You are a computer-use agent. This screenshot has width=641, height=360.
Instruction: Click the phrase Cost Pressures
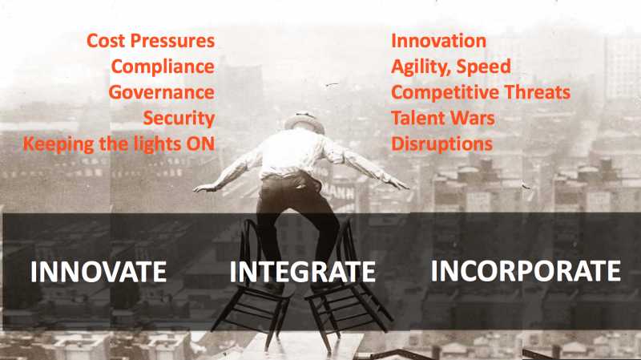151,40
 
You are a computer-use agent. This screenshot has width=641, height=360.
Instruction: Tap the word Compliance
163,66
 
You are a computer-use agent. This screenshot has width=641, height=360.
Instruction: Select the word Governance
162,92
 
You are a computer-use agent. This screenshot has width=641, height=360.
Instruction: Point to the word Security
179,118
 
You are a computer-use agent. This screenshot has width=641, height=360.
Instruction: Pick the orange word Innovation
438,40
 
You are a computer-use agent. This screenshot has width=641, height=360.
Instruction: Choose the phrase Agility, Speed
450,66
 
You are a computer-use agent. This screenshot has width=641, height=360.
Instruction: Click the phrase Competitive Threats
481,92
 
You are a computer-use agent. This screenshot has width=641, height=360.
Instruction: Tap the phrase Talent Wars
442,118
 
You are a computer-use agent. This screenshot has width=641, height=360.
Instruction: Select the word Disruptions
441,144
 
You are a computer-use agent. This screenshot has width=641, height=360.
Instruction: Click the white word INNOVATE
98,272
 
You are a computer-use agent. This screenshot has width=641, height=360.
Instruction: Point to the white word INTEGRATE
302,272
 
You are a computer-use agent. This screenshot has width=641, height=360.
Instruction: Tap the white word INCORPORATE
526,271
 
